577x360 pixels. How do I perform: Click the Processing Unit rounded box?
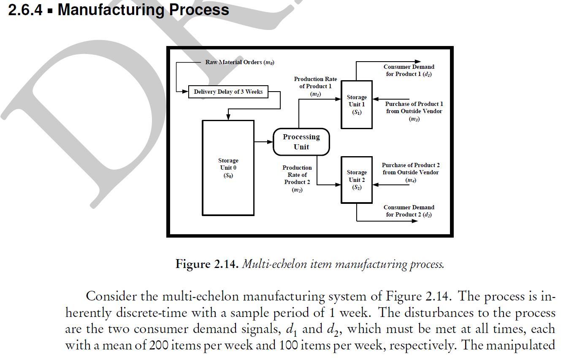(301, 142)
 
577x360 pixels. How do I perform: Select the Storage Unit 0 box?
(228, 168)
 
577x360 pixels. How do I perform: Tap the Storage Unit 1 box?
(357, 104)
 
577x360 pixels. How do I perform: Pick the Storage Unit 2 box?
(357, 180)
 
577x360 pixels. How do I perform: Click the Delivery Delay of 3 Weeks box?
(228, 92)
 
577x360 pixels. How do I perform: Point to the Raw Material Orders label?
(240, 62)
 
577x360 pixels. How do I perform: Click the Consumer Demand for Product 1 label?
(409, 70)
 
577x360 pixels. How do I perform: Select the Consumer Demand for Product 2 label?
(409, 211)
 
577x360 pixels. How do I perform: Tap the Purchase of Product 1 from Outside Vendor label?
(414, 111)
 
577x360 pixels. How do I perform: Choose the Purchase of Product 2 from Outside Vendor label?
(410, 173)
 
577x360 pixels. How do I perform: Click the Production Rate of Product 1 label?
(315, 86)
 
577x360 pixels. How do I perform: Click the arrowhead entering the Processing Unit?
(270, 142)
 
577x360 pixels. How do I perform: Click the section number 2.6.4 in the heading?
(25, 9)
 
